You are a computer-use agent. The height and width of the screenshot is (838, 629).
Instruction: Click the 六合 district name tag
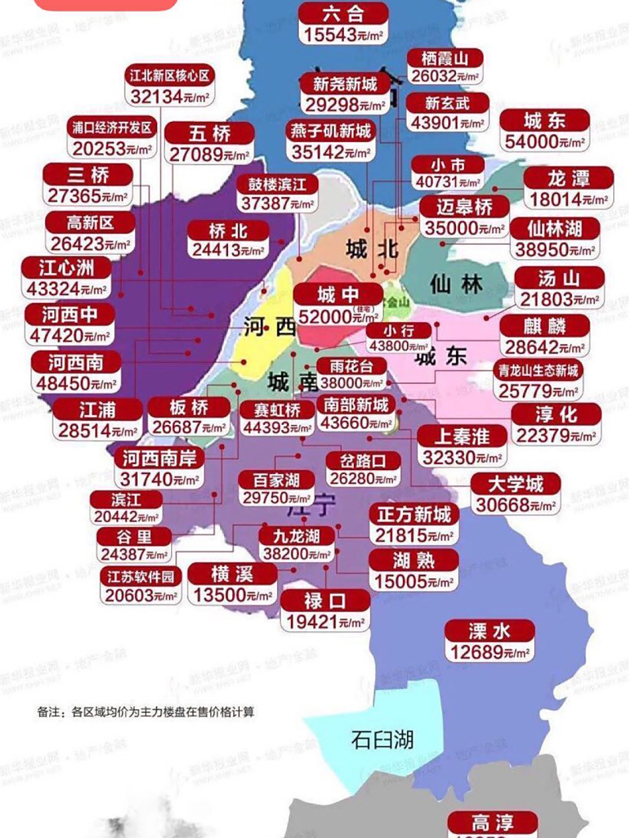(x=343, y=14)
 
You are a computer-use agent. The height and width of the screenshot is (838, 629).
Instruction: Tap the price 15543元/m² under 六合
(x=343, y=35)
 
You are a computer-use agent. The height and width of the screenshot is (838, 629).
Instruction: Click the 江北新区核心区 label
(x=170, y=76)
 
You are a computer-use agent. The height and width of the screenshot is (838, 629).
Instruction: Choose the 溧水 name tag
(x=489, y=631)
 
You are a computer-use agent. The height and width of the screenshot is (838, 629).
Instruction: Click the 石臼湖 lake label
(x=382, y=740)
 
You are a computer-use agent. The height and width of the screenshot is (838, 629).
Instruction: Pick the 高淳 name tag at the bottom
(x=492, y=822)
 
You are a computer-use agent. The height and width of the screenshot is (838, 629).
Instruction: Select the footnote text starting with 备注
(x=145, y=712)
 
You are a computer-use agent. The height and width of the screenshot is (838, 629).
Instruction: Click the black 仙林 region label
(x=456, y=284)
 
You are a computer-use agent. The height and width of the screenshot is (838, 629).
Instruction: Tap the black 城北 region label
(x=372, y=249)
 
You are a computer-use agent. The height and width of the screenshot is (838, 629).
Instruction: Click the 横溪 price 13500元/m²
(x=232, y=596)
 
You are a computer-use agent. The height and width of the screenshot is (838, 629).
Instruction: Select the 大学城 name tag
(x=516, y=484)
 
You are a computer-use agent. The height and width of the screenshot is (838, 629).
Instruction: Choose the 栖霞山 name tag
(x=445, y=58)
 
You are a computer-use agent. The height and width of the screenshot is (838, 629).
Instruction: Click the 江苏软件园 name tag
(x=141, y=577)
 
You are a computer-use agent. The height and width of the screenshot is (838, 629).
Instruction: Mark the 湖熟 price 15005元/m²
(x=413, y=581)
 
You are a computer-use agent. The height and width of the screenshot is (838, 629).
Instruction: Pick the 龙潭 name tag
(x=568, y=178)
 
